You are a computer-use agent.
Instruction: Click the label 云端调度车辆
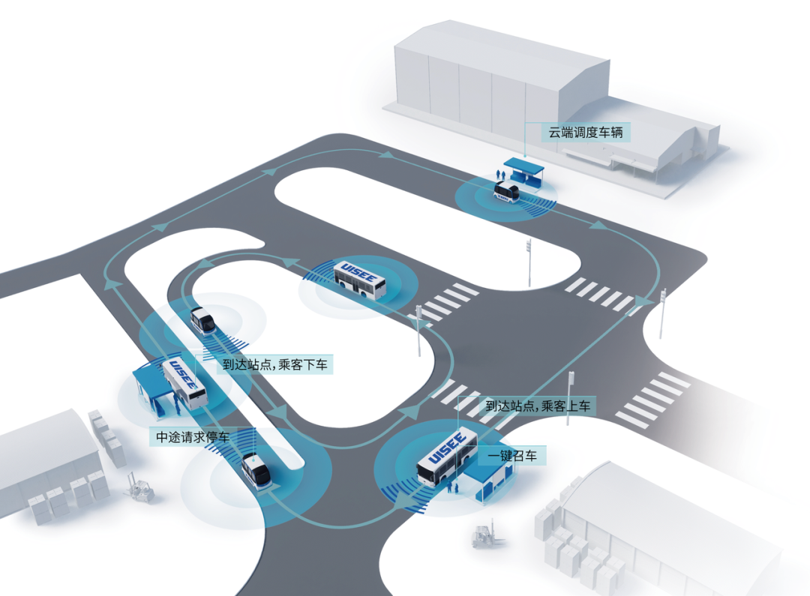[586, 133]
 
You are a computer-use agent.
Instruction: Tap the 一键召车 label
[512, 455]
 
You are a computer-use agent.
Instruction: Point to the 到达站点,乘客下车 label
[275, 365]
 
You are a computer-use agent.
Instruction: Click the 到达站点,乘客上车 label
[538, 406]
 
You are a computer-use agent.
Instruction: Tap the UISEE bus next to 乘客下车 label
[184, 383]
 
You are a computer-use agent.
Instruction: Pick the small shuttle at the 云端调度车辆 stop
[506, 193]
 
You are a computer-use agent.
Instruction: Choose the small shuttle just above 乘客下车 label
[202, 320]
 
